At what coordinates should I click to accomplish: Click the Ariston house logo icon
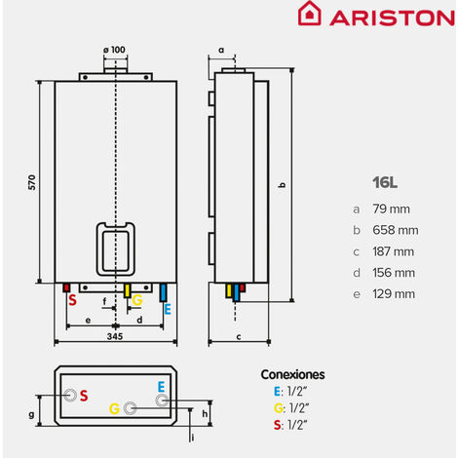tap(310, 13)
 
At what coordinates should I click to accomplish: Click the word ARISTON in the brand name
tap(392, 18)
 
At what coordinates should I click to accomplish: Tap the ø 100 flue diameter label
tap(114, 50)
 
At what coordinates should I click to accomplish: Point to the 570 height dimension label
tap(32, 182)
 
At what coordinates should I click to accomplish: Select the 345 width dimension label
tap(115, 336)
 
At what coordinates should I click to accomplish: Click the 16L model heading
tap(385, 182)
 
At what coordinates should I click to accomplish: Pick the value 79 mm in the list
tap(391, 209)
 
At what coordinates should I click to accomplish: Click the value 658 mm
tap(396, 230)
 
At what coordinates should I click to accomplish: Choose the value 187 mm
tap(393, 251)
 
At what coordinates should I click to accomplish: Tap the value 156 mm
tap(394, 273)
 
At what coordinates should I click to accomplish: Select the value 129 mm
tap(394, 294)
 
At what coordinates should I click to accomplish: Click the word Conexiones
tap(292, 374)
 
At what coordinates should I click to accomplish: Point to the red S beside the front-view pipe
tap(72, 300)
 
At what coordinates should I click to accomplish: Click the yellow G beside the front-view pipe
tap(137, 300)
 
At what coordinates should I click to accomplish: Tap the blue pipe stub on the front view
tap(163, 292)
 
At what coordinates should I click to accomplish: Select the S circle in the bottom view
tap(70, 396)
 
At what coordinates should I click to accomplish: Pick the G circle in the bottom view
tap(130, 408)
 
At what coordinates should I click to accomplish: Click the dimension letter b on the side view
tap(283, 185)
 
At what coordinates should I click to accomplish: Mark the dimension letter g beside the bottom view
tap(31, 414)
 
